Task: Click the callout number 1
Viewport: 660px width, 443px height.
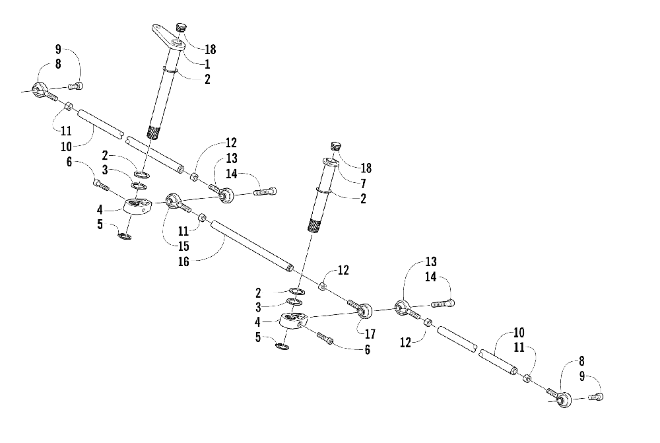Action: tap(207, 64)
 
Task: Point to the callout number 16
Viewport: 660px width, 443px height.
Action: tap(183, 261)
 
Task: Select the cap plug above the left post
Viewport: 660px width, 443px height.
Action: tap(181, 28)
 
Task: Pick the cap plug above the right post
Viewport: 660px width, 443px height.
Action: tap(335, 146)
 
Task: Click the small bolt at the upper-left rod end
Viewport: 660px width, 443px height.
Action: tap(77, 85)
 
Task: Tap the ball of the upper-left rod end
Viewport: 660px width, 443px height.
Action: tap(39, 88)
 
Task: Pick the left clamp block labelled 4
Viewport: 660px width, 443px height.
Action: tap(137, 209)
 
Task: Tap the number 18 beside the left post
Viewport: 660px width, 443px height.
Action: tap(211, 49)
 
